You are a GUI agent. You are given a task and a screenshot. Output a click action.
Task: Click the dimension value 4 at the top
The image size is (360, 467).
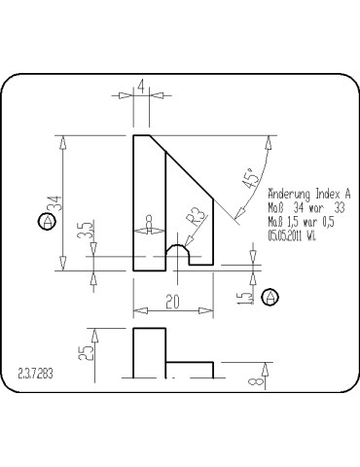pos(142,87)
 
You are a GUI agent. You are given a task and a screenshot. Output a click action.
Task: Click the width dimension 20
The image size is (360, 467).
pos(172,303)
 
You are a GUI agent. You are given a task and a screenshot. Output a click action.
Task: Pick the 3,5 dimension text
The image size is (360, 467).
pos(87,232)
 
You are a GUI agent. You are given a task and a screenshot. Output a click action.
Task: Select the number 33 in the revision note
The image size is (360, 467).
pos(339,207)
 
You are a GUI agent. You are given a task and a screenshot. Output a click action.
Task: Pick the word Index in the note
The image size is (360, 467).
pos(327,194)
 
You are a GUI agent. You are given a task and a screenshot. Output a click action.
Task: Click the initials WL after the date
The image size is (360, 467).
pos(311,234)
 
